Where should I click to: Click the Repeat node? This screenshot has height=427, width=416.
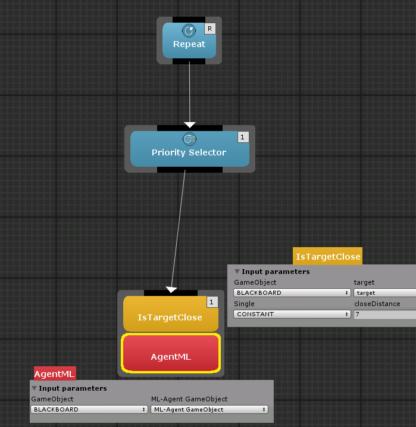click(x=189, y=40)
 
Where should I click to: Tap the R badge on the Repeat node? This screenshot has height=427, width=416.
click(x=209, y=29)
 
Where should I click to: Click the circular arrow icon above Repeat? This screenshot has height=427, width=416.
click(x=189, y=30)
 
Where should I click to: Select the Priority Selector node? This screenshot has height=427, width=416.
click(x=190, y=149)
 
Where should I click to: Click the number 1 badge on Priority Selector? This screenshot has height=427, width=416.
click(x=243, y=137)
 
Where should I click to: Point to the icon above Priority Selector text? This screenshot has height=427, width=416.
click(x=189, y=139)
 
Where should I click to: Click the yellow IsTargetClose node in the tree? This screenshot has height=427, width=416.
click(x=171, y=314)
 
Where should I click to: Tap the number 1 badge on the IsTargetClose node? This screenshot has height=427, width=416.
click(x=212, y=302)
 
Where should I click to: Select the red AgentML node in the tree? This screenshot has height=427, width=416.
click(x=171, y=353)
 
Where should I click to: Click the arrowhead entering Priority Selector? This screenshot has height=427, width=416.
click(x=190, y=124)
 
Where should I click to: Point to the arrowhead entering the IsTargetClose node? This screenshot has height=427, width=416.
click(x=171, y=289)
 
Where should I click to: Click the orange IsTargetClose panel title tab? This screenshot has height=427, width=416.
click(x=327, y=256)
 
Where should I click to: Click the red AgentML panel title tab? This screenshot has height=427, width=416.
click(x=55, y=373)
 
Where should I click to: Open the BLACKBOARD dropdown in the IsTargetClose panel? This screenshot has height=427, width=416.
click(x=292, y=293)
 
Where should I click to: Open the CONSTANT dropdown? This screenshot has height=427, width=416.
click(x=292, y=314)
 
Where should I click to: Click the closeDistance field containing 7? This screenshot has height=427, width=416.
click(x=384, y=314)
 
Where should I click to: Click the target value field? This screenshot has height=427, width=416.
click(x=384, y=293)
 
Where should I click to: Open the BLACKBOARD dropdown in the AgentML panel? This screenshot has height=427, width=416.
click(x=89, y=410)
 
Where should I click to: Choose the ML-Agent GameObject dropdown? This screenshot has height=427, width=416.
click(x=209, y=410)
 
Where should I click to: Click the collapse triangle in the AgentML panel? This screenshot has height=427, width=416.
click(x=35, y=388)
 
